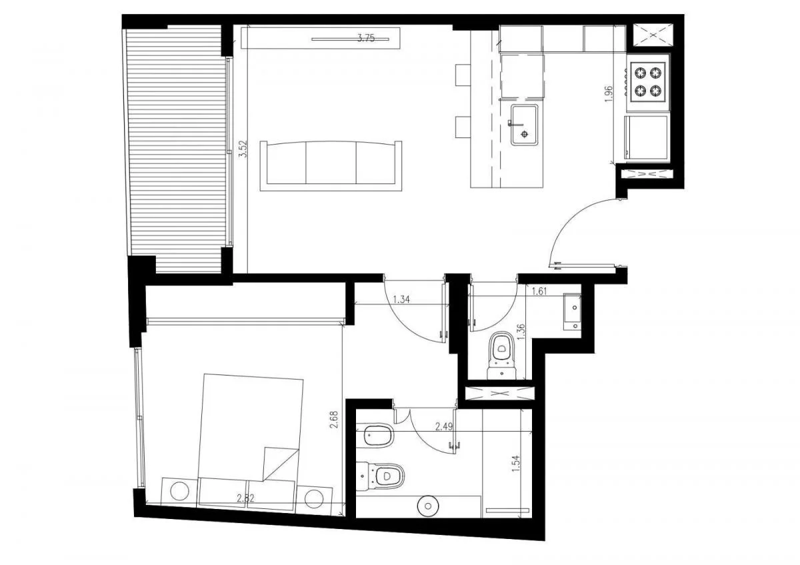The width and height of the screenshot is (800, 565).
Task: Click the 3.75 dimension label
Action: [366, 38]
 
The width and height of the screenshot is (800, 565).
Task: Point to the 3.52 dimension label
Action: [243, 149]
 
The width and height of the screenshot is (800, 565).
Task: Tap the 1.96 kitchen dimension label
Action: [609, 94]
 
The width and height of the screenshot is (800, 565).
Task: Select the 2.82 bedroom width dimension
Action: [245, 498]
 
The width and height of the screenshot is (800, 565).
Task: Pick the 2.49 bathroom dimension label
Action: [444, 426]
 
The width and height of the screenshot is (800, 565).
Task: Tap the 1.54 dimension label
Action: [515, 464]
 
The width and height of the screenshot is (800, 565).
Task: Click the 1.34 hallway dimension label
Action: [401, 300]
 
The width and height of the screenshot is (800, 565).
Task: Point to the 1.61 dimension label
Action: [539, 292]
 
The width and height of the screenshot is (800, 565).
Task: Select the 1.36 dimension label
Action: [521, 332]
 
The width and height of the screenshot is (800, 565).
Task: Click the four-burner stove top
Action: [648, 83]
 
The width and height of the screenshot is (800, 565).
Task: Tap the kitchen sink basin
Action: [524, 125]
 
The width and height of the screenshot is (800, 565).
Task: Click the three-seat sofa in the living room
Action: [331, 166]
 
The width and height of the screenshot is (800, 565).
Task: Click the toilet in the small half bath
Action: [502, 356]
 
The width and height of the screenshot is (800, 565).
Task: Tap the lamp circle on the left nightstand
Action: [179, 492]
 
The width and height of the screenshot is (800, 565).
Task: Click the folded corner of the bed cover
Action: [281, 464]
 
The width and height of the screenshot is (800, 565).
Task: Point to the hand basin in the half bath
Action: [572, 312]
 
